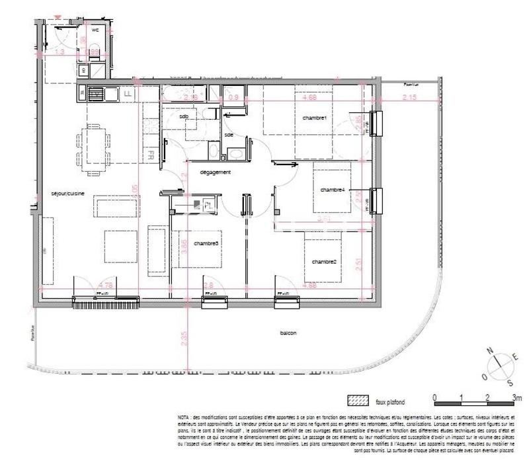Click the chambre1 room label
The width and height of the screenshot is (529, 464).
point(315,118)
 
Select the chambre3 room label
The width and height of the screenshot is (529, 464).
point(206,243)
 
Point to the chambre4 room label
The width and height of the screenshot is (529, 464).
point(333,190)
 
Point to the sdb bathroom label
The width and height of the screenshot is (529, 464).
point(184,117)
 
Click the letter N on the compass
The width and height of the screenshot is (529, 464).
point(489,351)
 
